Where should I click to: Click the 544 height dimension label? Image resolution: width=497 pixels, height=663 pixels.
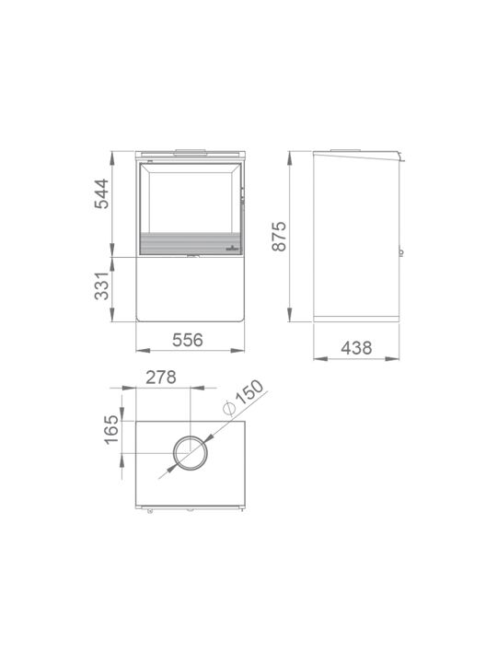(x=101, y=194)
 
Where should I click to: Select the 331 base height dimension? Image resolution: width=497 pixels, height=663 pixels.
(x=101, y=286)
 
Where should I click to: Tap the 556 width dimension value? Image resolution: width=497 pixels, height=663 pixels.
(x=188, y=340)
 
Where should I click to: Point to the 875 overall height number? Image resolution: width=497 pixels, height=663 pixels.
(x=279, y=237)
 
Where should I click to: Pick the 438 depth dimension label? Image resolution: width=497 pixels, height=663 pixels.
(x=357, y=348)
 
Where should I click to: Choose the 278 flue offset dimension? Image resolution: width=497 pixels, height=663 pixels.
(x=161, y=378)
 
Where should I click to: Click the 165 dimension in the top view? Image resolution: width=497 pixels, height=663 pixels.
(x=112, y=430)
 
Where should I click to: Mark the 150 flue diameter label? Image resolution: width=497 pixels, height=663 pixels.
(x=249, y=392)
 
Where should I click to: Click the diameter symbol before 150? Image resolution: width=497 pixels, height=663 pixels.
(x=229, y=408)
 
